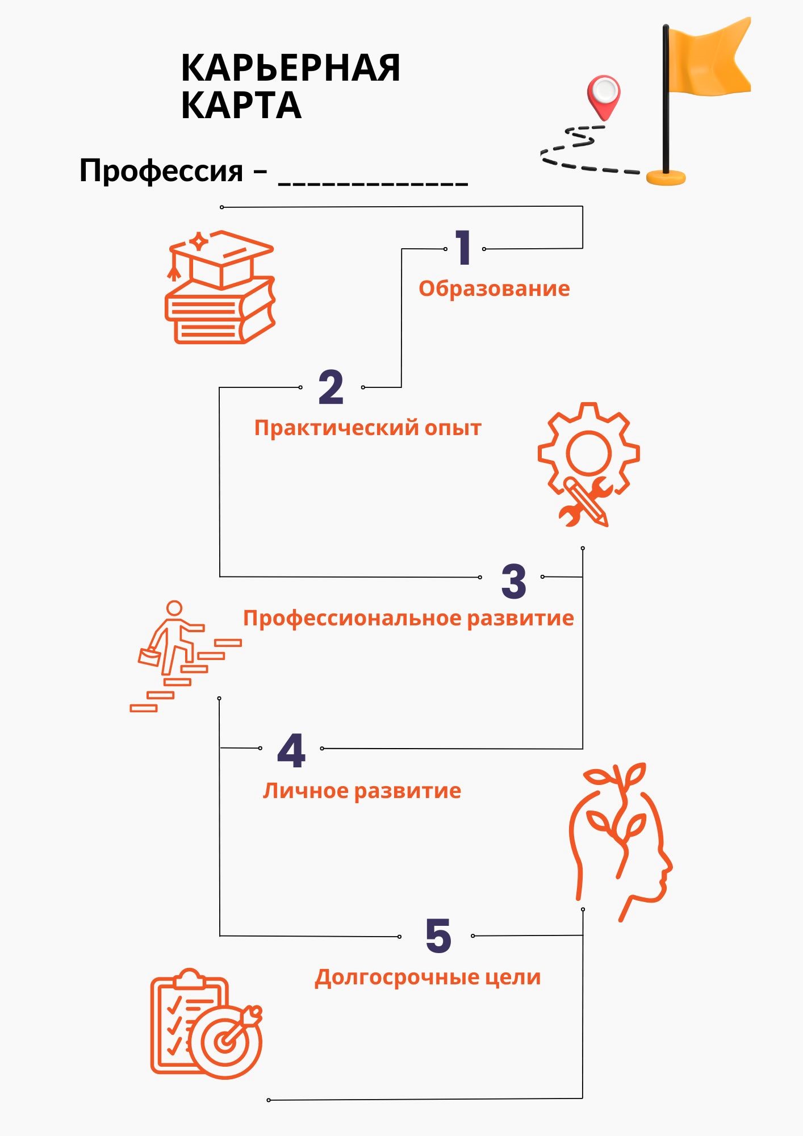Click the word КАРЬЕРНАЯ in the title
[x=290, y=69]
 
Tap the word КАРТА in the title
[x=241, y=106]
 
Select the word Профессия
[x=161, y=170]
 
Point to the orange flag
[x=710, y=57]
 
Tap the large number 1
[x=463, y=248]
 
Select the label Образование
[x=494, y=289]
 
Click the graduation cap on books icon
[x=220, y=287]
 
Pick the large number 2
[x=331, y=387]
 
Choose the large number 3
[x=513, y=582]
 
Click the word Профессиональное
[x=352, y=618]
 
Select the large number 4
[x=291, y=751]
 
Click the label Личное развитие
[x=362, y=791]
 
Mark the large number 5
[x=438, y=936]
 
